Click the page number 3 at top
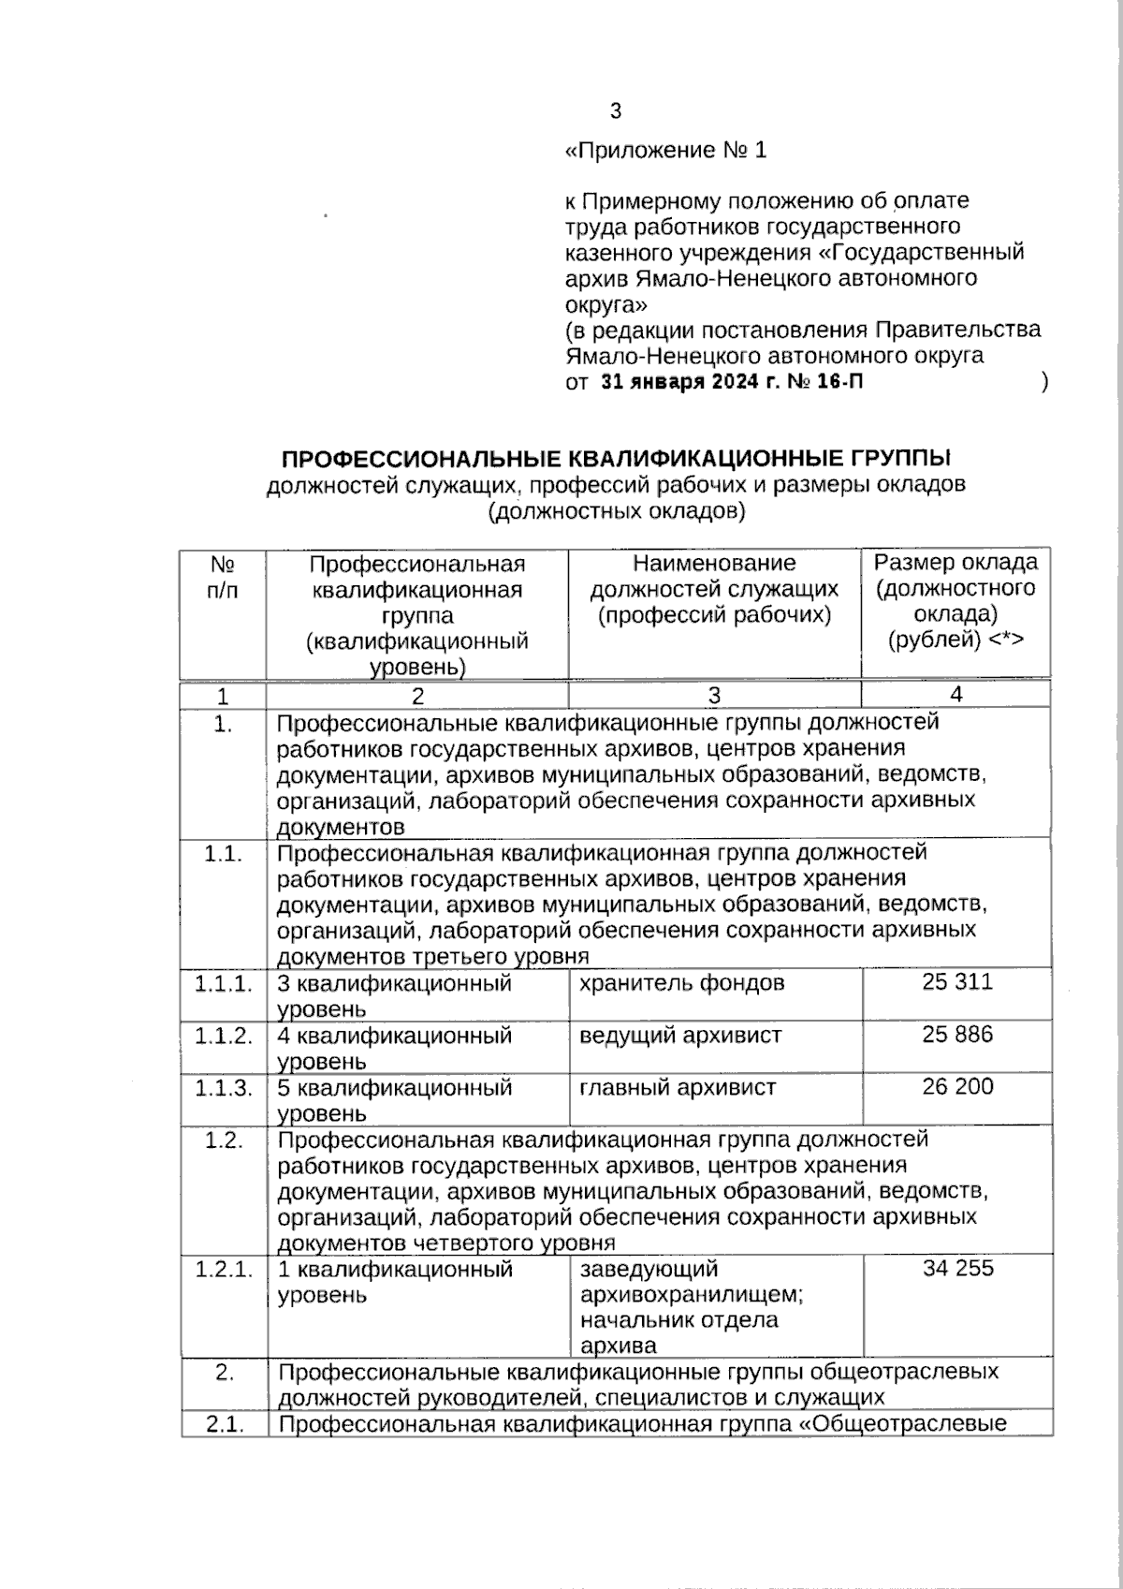615,111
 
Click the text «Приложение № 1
665,151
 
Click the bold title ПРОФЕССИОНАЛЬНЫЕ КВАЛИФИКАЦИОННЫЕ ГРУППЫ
616,458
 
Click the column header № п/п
223,577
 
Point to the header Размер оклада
955,563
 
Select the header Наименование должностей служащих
714,589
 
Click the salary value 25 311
957,982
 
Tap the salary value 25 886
957,1035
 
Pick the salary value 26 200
957,1087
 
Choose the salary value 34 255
957,1269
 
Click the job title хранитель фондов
681,983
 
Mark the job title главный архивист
678,1088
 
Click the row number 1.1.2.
224,1036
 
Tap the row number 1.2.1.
224,1270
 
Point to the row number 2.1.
224,1425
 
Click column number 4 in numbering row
955,694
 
